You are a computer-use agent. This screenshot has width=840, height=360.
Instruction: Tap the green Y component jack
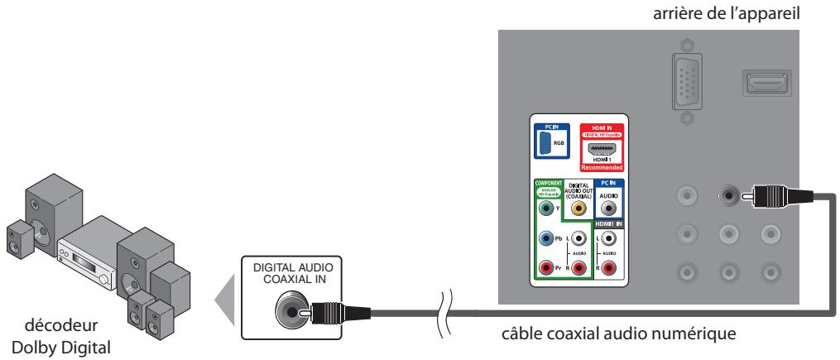click(x=545, y=210)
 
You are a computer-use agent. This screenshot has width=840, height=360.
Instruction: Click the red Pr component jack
click(x=545, y=267)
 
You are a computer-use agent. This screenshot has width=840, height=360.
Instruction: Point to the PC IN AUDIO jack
click(x=609, y=210)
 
